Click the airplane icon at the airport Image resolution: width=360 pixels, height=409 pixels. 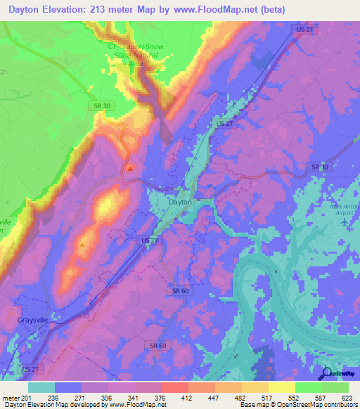coord(344,221)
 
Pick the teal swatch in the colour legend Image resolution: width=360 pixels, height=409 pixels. coord(41,387)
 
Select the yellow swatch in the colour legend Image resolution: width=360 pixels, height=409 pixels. coord(281,387)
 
